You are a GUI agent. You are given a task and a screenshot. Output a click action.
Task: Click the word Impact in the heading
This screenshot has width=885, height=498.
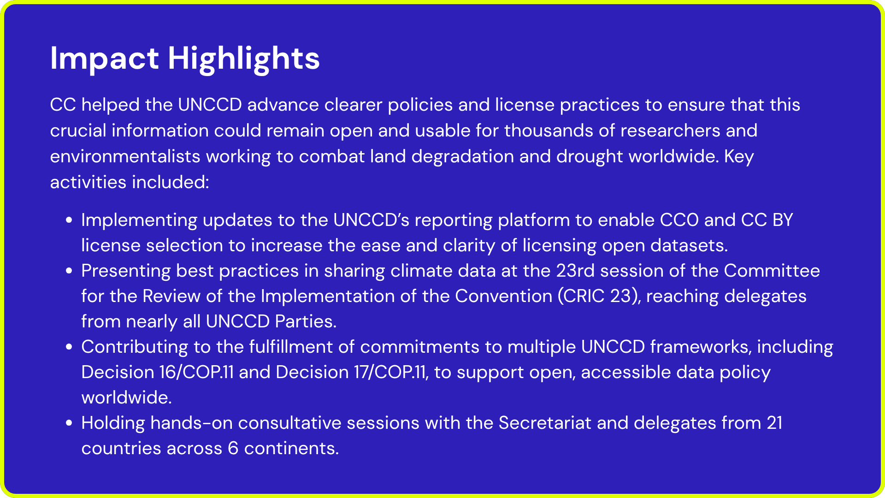[x=105, y=59]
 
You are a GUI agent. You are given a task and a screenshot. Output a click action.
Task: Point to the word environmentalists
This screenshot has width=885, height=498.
[x=125, y=156]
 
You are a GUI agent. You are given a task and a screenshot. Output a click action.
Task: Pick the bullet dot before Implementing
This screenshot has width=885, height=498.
[x=69, y=220]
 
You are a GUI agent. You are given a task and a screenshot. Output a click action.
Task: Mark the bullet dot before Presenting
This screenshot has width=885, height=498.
[x=69, y=271]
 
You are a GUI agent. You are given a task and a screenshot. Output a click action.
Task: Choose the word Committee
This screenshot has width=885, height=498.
[x=772, y=271]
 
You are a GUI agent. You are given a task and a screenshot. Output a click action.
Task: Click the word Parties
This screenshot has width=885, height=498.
[x=306, y=321]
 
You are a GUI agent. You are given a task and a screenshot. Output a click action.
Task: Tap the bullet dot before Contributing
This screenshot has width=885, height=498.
[x=69, y=347]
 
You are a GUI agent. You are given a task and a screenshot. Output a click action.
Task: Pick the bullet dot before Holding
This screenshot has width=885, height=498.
[x=69, y=423]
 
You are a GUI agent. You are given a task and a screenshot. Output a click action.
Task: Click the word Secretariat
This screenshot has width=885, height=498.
[x=545, y=423]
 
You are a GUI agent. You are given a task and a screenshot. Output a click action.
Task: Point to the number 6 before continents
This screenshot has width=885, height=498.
[x=233, y=448]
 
